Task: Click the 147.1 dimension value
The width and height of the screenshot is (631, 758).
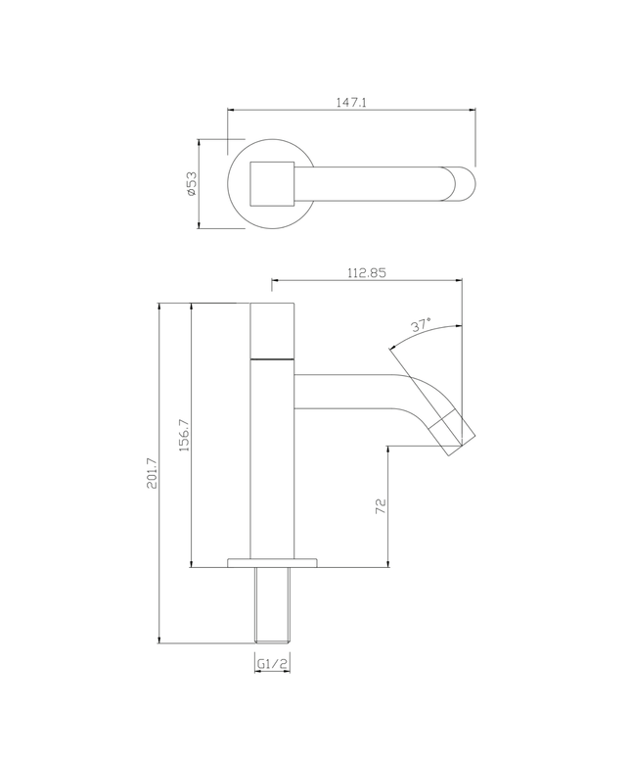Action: (351, 101)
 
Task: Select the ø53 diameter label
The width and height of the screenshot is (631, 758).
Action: (192, 183)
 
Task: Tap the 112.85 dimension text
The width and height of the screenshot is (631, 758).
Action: (365, 274)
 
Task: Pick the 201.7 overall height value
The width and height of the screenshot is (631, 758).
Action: (151, 474)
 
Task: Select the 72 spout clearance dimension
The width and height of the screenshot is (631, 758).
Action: (382, 505)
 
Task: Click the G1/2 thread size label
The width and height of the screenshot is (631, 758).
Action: (272, 664)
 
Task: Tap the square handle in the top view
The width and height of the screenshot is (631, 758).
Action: (272, 183)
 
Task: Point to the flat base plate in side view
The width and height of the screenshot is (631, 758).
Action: (272, 563)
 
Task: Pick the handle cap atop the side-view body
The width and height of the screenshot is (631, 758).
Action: (272, 331)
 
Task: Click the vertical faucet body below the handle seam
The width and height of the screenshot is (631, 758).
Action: (272, 460)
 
